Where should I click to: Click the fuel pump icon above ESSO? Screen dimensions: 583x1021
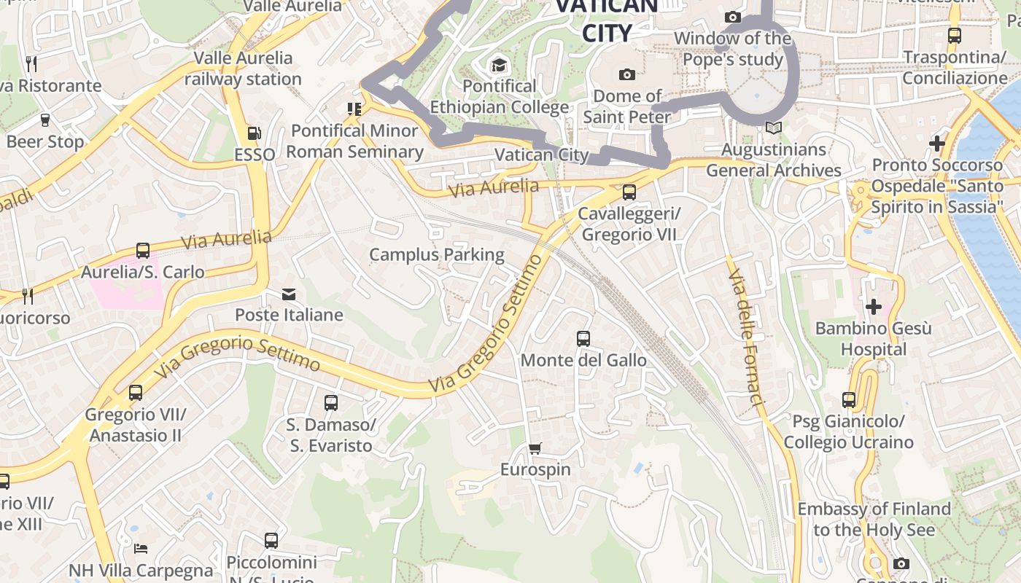coord(254,133)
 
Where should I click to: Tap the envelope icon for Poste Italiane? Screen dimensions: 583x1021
coord(289,294)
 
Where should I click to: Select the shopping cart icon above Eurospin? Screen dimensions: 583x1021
coord(535,448)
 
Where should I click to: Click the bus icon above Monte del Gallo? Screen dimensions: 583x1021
coord(583,338)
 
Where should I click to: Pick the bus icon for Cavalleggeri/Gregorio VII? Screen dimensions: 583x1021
coord(629,192)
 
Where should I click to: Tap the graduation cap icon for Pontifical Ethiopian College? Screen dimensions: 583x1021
coord(499,66)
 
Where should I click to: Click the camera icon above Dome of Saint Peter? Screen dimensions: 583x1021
coord(626,74)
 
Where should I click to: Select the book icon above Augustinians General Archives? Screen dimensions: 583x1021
coord(773,128)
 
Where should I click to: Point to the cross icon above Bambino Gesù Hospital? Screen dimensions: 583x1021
coord(873,306)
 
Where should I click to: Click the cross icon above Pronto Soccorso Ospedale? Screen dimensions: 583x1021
coord(937,144)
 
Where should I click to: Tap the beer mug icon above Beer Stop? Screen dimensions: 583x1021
coord(45,120)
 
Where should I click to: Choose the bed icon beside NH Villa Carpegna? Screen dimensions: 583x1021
coord(141,548)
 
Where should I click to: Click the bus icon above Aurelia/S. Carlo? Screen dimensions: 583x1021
coord(143,250)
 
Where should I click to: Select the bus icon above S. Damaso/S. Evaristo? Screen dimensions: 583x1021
coord(330,402)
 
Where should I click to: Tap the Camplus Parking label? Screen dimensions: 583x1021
coord(436,254)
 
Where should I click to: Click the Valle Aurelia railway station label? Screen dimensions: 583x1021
coord(243,69)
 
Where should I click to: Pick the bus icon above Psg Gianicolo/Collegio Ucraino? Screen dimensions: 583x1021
coord(848,399)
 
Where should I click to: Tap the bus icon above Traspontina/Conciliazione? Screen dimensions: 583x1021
coord(954,35)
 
